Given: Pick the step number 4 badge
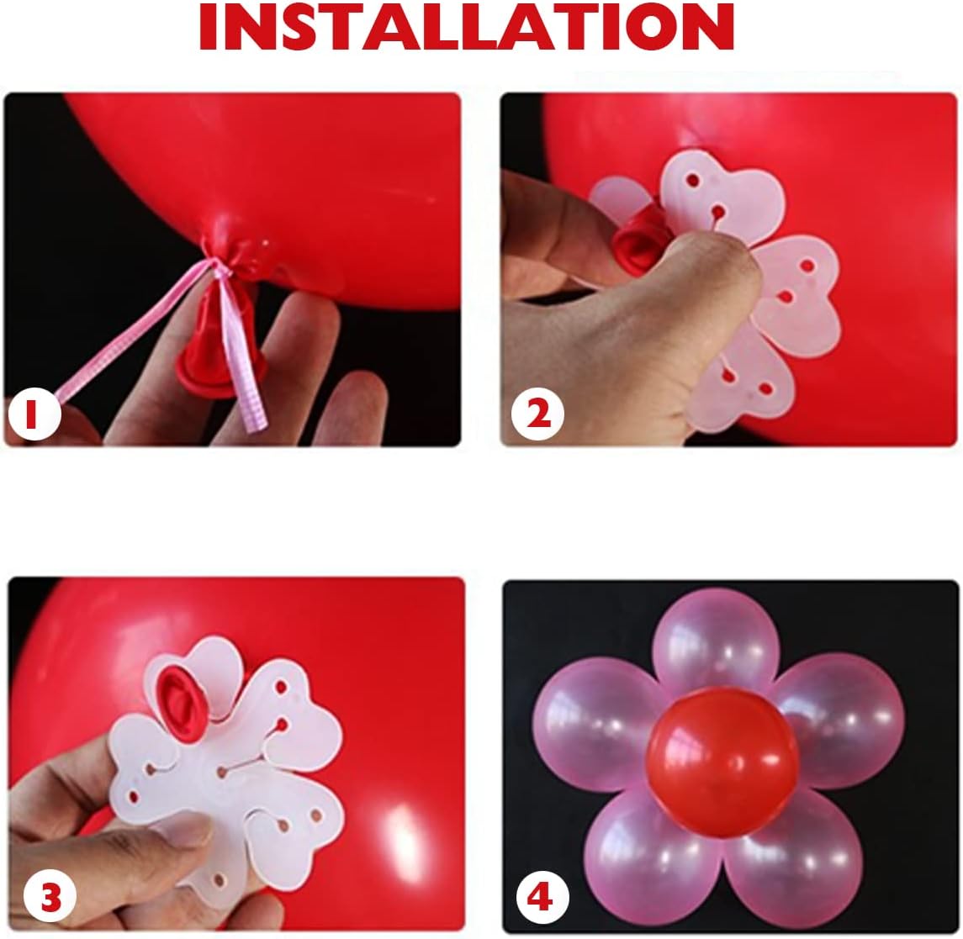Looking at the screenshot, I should point(538,899).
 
